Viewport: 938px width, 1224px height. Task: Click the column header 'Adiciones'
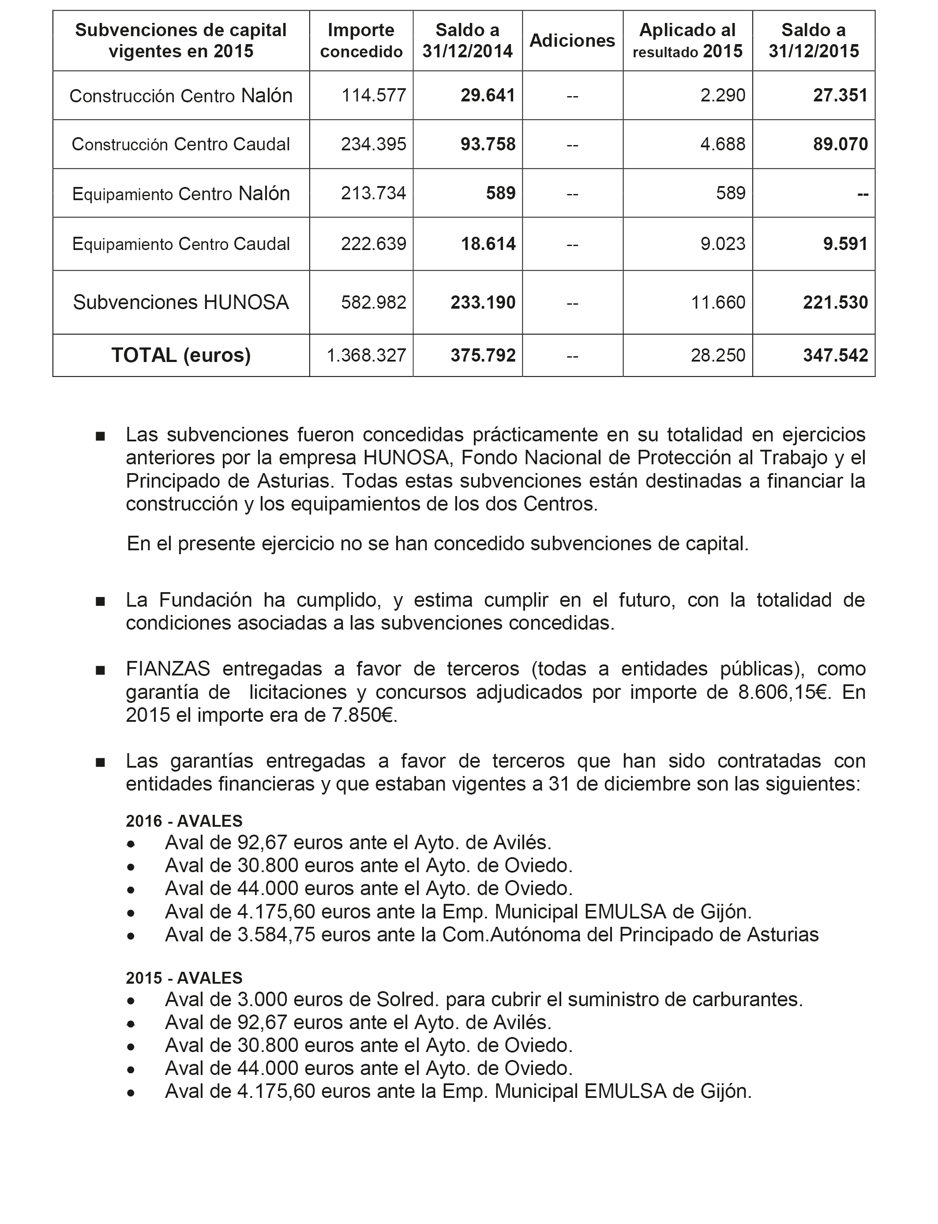pos(572,40)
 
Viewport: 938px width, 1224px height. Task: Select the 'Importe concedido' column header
pos(361,40)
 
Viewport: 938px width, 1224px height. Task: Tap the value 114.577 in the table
pos(374,95)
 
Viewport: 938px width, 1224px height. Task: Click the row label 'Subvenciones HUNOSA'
pos(181,302)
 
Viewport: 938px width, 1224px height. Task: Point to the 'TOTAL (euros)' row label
pos(181,355)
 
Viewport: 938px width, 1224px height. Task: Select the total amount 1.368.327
pos(366,355)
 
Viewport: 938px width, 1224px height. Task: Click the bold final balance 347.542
pos(835,355)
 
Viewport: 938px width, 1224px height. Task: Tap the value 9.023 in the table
pos(723,244)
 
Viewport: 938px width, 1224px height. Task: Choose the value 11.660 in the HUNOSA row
pos(718,302)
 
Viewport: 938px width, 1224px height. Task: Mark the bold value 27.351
pos(840,95)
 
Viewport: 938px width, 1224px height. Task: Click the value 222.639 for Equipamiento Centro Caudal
pos(374,244)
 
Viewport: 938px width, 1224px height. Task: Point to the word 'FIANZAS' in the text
pos(168,668)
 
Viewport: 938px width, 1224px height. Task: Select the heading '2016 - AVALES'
pos(184,821)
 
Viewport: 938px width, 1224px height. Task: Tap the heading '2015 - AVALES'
pos(184,978)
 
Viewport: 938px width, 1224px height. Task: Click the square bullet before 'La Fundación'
pos(101,601)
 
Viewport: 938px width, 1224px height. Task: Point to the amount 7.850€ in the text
pos(364,715)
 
